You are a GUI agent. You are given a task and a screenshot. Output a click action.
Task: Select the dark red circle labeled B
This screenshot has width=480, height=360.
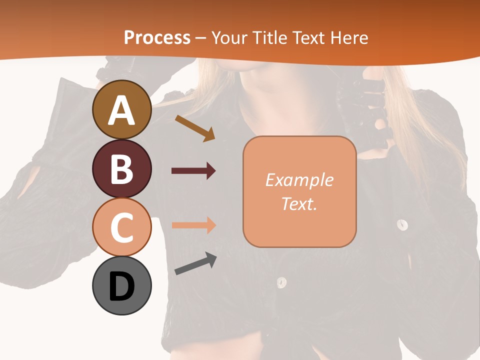point(121,168)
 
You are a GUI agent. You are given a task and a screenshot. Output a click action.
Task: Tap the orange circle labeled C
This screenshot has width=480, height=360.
point(121,227)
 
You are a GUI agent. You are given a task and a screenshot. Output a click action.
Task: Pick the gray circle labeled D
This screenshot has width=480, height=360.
point(121,286)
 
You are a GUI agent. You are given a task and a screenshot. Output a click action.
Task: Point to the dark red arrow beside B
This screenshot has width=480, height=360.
point(193,171)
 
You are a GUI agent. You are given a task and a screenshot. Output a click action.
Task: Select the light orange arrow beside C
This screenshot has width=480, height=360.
point(193,225)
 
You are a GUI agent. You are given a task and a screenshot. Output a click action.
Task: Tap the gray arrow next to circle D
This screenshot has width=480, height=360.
point(195,263)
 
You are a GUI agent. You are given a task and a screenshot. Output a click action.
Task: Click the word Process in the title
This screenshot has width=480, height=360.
point(157,38)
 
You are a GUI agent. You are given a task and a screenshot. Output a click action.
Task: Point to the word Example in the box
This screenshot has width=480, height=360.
point(299,180)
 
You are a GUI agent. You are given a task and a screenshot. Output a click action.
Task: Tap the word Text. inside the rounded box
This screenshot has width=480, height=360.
point(299,203)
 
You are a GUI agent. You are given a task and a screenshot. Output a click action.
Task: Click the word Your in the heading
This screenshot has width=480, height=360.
point(228,38)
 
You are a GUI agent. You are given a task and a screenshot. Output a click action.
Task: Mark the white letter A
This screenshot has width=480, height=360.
point(121,110)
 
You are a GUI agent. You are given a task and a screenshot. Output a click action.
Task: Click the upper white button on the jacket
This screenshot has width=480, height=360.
point(402,224)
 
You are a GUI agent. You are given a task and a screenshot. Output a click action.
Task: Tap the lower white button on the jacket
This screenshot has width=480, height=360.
point(282,282)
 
